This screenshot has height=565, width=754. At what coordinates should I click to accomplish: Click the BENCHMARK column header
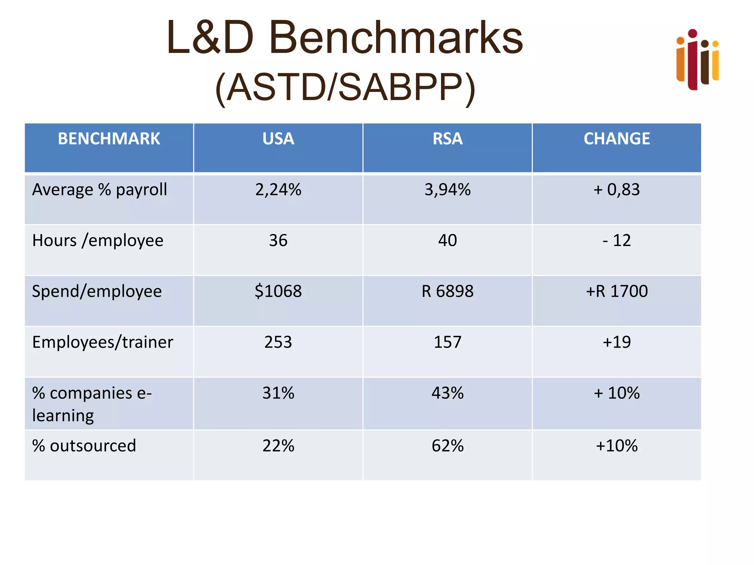click(x=109, y=139)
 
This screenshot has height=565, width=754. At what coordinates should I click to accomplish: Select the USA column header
click(x=278, y=139)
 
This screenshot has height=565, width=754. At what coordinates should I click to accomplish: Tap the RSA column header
click(x=447, y=139)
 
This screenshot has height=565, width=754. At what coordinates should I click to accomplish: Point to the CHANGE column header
click(x=617, y=139)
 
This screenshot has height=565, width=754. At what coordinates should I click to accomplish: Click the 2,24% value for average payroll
click(x=278, y=190)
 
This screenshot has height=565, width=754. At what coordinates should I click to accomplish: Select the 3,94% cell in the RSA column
click(x=447, y=190)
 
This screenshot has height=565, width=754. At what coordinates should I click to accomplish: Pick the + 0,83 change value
click(x=617, y=190)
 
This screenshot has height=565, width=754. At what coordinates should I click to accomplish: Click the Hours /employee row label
click(x=98, y=241)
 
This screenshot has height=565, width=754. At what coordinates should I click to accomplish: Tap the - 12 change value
click(x=617, y=241)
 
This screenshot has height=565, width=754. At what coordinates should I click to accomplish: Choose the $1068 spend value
click(x=278, y=291)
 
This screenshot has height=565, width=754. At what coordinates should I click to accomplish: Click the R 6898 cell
click(x=447, y=291)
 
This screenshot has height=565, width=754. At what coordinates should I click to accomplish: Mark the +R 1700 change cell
click(x=617, y=291)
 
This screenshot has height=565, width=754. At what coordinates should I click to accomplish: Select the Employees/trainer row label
click(x=102, y=342)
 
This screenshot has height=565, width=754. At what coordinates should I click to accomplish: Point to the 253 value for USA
click(x=278, y=342)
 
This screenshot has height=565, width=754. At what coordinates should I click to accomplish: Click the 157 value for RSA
click(x=447, y=342)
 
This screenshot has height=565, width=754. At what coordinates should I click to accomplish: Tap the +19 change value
click(x=617, y=342)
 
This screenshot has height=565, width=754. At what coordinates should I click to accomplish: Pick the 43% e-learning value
click(x=447, y=393)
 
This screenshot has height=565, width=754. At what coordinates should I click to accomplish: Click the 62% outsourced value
click(x=447, y=446)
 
